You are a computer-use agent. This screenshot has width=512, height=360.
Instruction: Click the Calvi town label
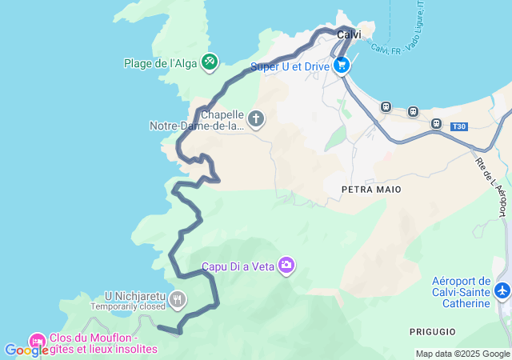pos(349,34)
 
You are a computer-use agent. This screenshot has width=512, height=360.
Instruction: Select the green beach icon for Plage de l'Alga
pos(210,61)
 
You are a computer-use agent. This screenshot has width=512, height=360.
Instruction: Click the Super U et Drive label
pos(290,66)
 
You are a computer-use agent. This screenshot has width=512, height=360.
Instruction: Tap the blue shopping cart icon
pos(342,66)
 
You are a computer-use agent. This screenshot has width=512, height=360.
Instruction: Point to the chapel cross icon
pos(256,120)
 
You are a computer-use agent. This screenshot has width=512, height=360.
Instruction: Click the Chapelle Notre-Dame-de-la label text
pos(197,120)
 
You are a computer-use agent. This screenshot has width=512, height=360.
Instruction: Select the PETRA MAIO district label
pos(370,190)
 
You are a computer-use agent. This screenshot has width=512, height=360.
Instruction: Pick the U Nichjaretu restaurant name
pos(134,295)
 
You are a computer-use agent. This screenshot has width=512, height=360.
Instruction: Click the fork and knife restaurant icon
pos(178,300)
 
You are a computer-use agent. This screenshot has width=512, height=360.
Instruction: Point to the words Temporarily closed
pos(127,306)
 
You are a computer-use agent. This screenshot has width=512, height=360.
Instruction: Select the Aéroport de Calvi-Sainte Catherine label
pos(460,292)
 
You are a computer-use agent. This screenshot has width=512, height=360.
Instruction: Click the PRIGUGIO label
pos(432,331)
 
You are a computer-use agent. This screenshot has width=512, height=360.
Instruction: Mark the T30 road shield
pos(458,126)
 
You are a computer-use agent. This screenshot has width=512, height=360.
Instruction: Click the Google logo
pos(26,350)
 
